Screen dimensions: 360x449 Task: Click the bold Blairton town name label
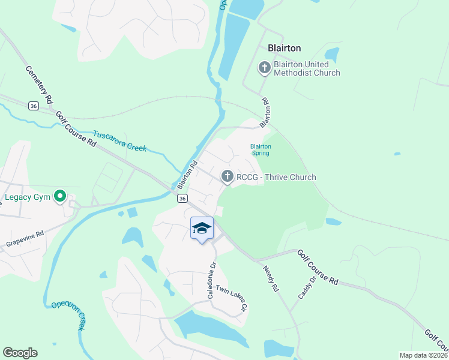[x=284, y=48]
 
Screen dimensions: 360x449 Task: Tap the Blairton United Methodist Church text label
[x=307, y=68]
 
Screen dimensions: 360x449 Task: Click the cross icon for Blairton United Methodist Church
[x=264, y=68]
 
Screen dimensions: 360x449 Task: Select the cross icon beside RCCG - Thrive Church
[x=227, y=176]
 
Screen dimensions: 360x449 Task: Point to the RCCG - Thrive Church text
[x=276, y=177]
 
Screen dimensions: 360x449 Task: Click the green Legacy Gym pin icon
[x=60, y=196]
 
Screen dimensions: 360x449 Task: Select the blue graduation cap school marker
[x=202, y=228]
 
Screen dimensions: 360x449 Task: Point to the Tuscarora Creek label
[x=120, y=140]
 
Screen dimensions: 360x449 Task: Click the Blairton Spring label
[x=261, y=149]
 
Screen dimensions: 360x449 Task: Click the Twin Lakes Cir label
[x=232, y=298]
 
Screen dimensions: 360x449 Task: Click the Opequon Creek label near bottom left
[x=67, y=315]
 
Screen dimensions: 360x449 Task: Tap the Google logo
[x=20, y=353]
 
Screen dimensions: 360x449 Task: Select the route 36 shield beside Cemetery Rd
[x=34, y=106]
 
